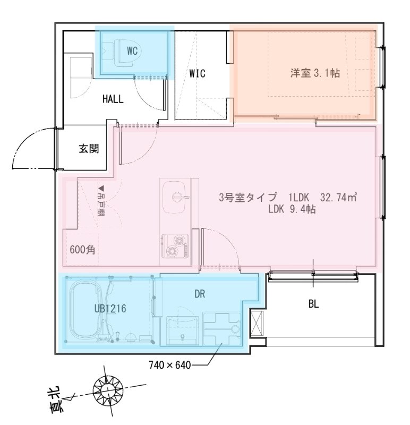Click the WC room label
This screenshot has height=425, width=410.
[x=133, y=51]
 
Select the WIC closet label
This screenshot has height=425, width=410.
[x=197, y=73]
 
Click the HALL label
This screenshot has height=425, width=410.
[x=113, y=98]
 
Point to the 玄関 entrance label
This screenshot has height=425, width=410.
[x=89, y=148]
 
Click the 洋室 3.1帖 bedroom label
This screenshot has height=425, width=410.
[x=315, y=73]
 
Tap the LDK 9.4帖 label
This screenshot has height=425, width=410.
[x=292, y=209]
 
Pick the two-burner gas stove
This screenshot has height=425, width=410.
[x=175, y=245]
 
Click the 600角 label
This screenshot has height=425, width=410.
[x=82, y=250]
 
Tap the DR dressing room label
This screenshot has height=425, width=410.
[x=200, y=293]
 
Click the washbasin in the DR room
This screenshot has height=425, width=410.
[x=183, y=329]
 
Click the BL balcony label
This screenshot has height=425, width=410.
[x=313, y=304]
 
